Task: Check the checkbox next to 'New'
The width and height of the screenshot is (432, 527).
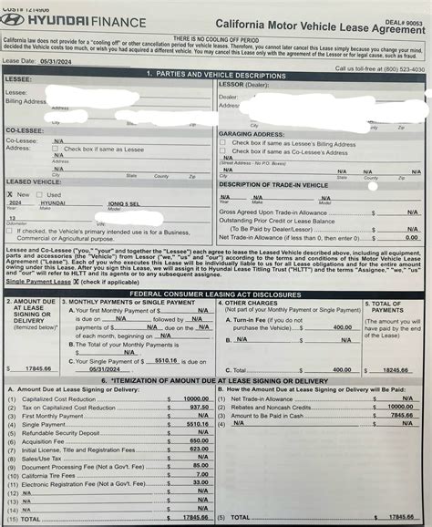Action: click(10, 194)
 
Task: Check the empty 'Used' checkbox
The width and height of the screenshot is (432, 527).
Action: click(41, 194)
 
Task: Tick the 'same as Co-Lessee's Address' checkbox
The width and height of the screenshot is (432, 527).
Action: click(223, 151)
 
